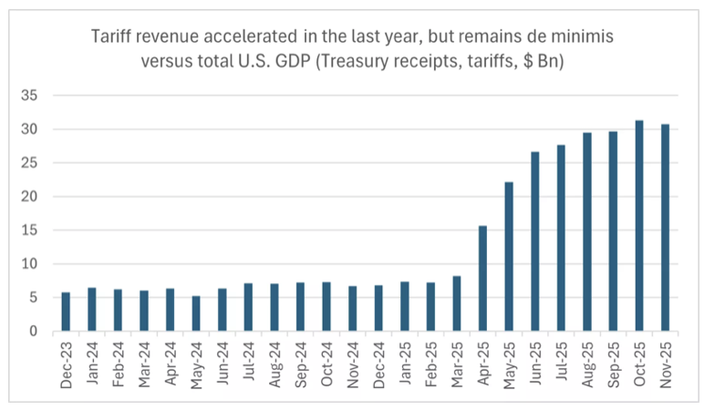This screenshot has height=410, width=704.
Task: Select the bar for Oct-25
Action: point(639,226)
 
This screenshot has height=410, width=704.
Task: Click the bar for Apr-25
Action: point(482,279)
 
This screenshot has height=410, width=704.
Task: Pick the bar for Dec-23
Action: point(66,312)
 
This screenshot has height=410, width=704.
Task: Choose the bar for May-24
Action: point(196,313)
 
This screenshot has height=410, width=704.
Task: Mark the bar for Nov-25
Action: point(666,228)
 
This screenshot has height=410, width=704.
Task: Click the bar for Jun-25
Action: point(535,241)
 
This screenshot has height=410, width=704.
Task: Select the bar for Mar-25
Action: point(457,303)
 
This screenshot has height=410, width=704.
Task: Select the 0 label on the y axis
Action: point(35,331)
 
